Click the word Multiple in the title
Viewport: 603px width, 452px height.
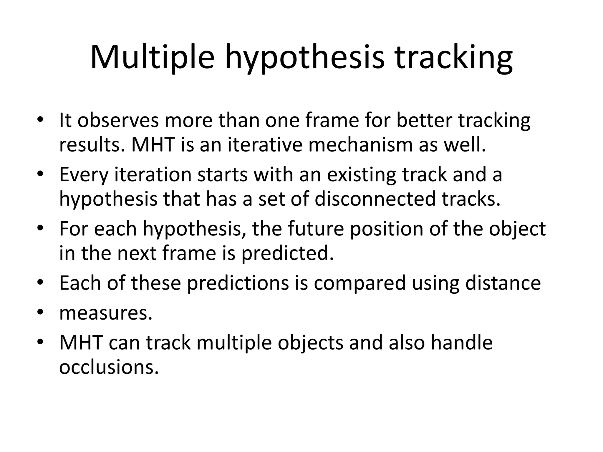pyautogui.click(x=152, y=58)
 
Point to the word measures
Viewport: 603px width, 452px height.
pyautogui.click(x=106, y=314)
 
